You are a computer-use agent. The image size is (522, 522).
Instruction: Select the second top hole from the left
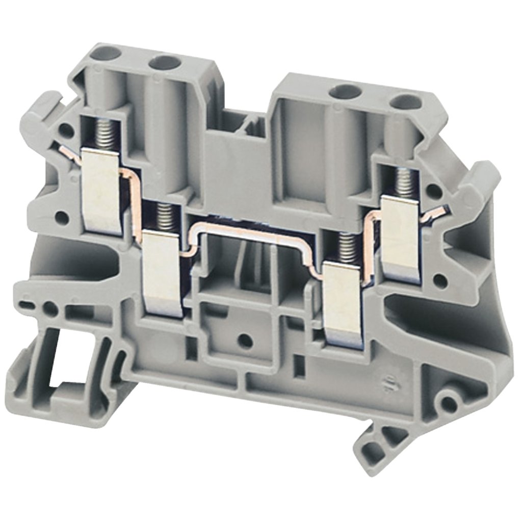click(x=165, y=63)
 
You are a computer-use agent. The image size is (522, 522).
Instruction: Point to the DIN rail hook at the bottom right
click(x=377, y=449)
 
